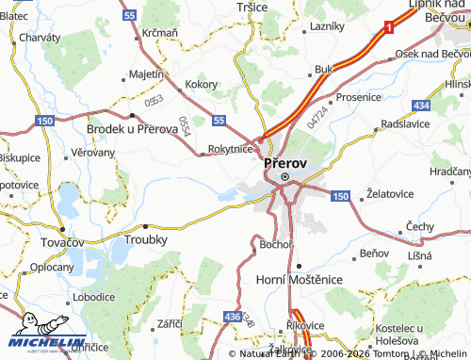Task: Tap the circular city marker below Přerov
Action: pos(284,174)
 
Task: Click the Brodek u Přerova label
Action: pos(132,128)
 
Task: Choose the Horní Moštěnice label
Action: pos(297,281)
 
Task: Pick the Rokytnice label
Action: pos(230,148)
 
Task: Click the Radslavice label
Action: pos(406,123)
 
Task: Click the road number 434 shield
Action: pos(422,104)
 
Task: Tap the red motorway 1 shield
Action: pos(387,30)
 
